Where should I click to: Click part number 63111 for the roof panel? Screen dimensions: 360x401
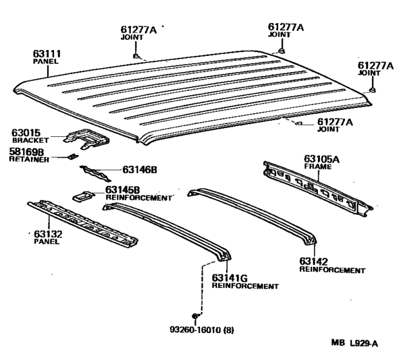(45, 54)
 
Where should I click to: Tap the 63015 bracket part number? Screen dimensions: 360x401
(25, 132)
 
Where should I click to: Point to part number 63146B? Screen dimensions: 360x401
(131, 171)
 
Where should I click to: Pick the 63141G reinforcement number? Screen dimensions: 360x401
(227, 278)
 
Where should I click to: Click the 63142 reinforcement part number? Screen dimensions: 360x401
(314, 262)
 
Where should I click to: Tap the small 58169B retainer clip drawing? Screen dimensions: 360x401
(72, 156)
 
